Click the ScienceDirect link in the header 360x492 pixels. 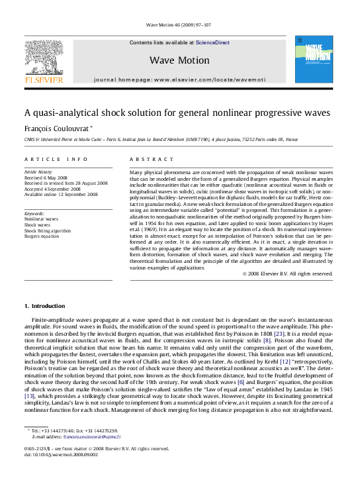212,42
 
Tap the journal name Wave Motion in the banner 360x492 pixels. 175,60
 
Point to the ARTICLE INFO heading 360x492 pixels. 56,160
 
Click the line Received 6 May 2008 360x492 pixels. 46,178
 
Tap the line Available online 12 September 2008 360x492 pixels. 61,195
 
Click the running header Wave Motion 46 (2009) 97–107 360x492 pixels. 179,24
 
